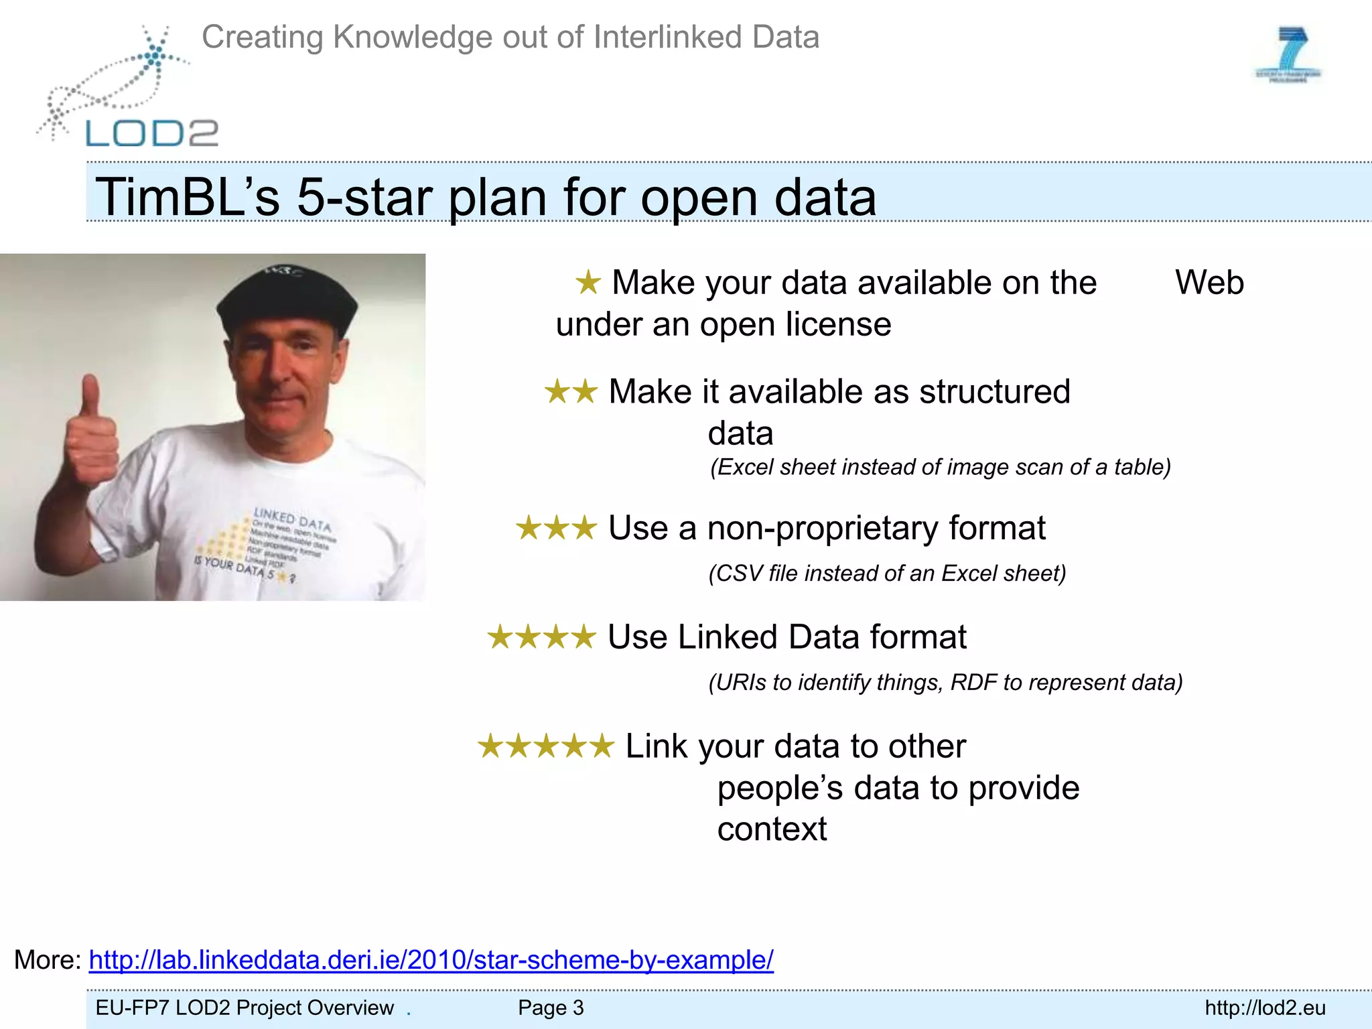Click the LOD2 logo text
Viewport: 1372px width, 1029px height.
coord(152,133)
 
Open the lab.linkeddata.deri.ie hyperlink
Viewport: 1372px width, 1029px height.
coord(431,960)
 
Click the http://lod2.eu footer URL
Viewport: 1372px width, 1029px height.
coord(1265,1008)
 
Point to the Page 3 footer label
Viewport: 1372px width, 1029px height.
coord(551,1008)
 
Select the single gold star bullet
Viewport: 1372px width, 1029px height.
coord(588,283)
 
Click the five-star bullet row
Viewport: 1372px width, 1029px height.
coord(545,746)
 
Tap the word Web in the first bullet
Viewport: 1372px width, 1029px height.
coord(1209,283)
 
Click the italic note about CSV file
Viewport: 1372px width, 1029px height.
coord(887,573)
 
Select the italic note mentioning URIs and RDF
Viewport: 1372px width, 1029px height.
coord(945,682)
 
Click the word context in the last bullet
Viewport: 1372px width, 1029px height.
coord(772,829)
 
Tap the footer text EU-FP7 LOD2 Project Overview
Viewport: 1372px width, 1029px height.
coord(245,1008)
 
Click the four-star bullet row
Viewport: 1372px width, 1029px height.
coord(541,637)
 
